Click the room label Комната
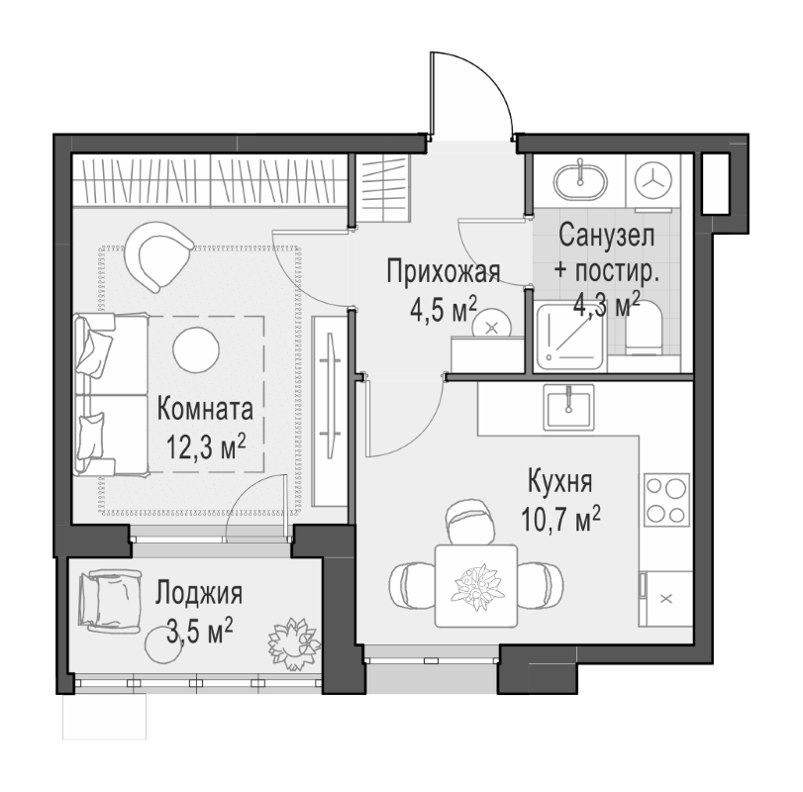(205, 408)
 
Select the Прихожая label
(443, 270)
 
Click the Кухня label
(559, 482)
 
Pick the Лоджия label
(199, 594)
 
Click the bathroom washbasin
(579, 179)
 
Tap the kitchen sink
(569, 404)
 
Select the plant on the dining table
(476, 583)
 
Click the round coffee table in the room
(197, 346)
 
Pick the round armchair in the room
(161, 254)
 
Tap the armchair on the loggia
(110, 600)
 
